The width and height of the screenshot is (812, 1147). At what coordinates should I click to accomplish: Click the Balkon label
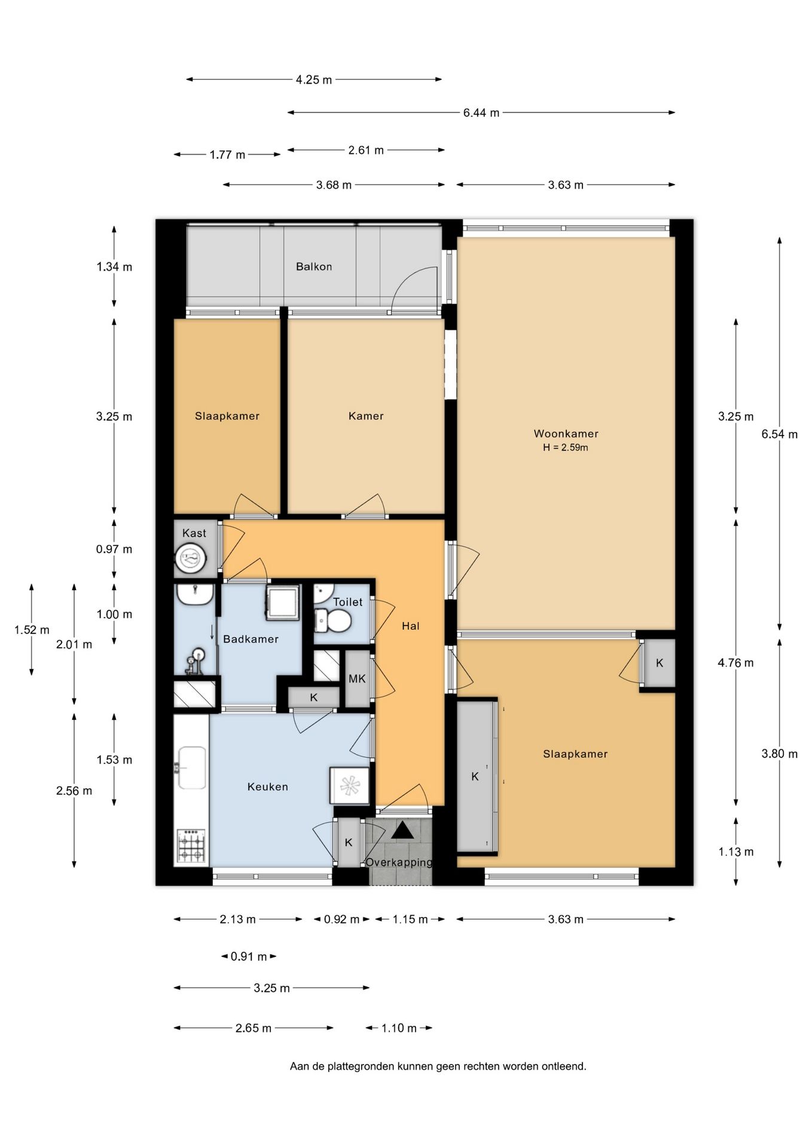click(314, 266)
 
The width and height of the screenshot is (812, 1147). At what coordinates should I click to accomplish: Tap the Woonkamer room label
click(566, 434)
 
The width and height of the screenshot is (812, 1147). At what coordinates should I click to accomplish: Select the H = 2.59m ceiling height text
click(566, 447)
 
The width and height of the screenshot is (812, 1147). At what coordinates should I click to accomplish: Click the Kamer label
click(366, 416)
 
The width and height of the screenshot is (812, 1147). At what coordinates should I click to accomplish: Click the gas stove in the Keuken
click(191, 845)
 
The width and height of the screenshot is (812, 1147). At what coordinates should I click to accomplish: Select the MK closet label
click(357, 679)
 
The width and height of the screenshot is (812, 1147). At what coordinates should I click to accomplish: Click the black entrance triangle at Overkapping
click(402, 830)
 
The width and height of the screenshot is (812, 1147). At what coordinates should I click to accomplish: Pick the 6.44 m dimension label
click(481, 112)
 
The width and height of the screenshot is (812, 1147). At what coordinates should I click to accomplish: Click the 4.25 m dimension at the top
click(314, 79)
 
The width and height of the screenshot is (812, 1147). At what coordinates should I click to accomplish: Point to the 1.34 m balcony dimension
click(114, 267)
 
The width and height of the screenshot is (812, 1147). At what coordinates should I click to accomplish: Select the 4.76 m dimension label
click(735, 663)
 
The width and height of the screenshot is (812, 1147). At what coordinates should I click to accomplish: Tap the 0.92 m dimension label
click(341, 919)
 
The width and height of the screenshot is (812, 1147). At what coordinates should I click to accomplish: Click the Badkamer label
click(251, 639)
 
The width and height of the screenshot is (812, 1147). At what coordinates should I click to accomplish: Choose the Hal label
click(411, 626)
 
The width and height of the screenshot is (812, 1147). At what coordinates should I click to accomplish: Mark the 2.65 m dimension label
click(254, 1028)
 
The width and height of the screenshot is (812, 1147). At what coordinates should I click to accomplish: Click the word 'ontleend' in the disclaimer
click(563, 1066)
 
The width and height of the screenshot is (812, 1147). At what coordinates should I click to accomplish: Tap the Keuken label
click(268, 787)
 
